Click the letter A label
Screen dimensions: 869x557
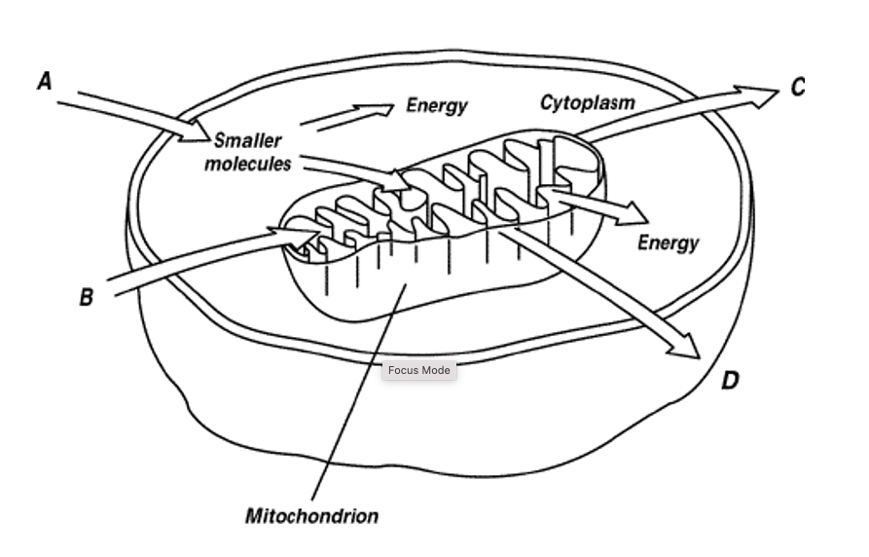click(45, 81)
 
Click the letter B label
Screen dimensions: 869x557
click(86, 297)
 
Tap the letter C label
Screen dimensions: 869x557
click(798, 87)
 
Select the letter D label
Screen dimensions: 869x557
click(731, 381)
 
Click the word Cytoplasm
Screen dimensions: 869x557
click(588, 103)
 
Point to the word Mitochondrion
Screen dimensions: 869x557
click(312, 516)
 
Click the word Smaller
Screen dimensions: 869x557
click(248, 140)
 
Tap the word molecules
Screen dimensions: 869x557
click(248, 164)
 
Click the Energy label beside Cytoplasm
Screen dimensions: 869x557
click(437, 105)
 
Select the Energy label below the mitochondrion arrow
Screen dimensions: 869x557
click(669, 243)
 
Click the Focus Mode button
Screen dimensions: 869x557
click(419, 370)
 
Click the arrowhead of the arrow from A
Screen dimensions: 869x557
click(195, 133)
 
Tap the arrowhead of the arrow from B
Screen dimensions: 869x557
click(297, 236)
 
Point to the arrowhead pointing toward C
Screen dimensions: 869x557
click(758, 96)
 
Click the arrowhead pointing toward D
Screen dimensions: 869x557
click(685, 347)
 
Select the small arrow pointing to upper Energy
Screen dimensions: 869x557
click(347, 117)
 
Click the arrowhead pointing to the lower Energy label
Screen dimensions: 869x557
click(632, 214)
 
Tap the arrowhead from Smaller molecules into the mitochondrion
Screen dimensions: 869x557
click(398, 181)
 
